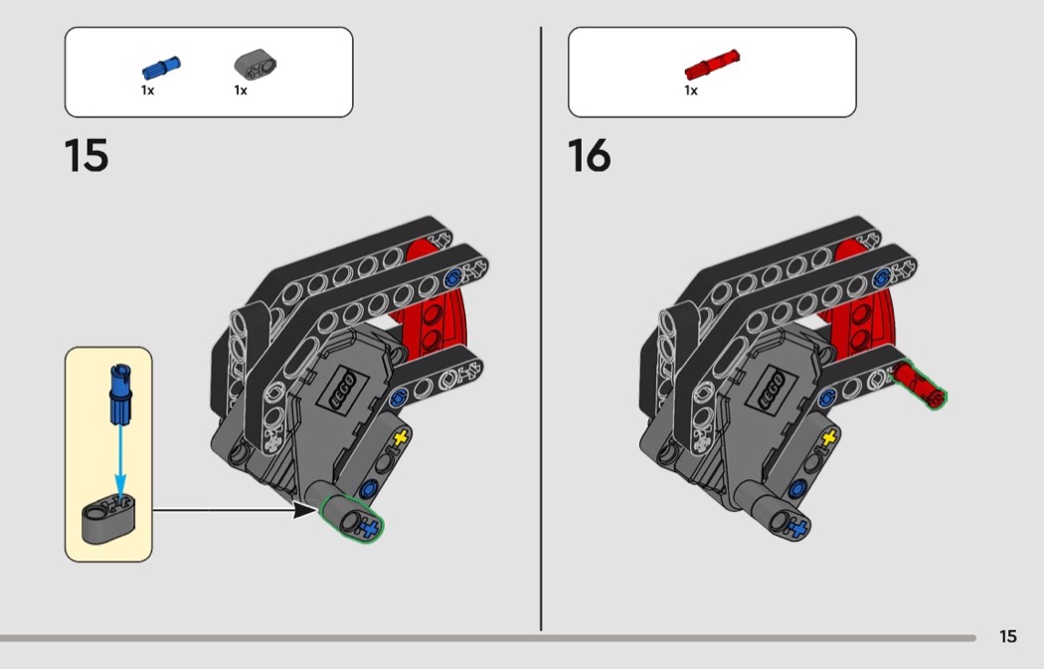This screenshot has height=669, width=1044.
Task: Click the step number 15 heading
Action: [x=87, y=156]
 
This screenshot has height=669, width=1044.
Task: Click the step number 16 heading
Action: [x=590, y=156]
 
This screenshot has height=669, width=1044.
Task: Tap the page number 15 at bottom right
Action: [x=1008, y=636]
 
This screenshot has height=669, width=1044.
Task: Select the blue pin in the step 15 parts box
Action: [x=161, y=68]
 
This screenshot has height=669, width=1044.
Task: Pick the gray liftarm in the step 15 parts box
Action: [x=255, y=66]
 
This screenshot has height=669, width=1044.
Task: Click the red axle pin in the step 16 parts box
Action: [x=712, y=66]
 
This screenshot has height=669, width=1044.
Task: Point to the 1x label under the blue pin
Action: [x=148, y=89]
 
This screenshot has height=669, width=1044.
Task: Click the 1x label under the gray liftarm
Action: [x=241, y=89]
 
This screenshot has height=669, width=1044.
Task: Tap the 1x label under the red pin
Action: [x=691, y=89]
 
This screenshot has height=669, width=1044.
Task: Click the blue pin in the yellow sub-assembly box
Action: [x=120, y=394]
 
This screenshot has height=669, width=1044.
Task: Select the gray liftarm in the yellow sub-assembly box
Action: [x=108, y=518]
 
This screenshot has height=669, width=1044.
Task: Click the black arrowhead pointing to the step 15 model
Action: [x=305, y=511]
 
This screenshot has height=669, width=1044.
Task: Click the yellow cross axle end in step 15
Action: [x=400, y=438]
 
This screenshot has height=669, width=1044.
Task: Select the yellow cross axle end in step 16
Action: [x=829, y=438]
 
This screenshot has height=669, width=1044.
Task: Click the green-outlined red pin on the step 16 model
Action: [x=919, y=384]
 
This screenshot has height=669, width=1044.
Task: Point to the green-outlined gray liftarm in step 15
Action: [x=351, y=518]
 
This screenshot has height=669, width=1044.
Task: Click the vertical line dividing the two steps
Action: [x=541, y=329]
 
